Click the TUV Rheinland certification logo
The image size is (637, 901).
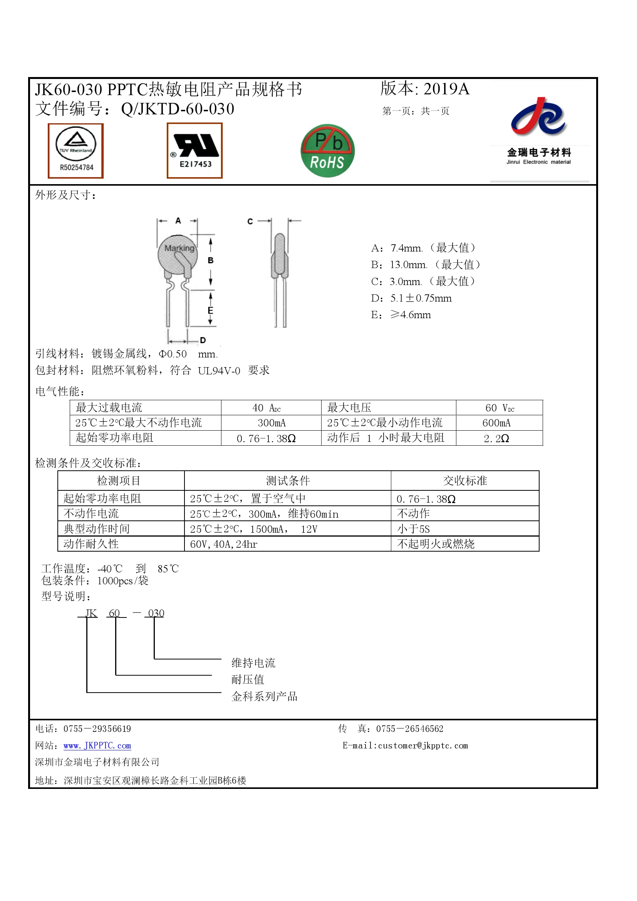point(76,151)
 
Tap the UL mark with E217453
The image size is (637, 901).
point(194,151)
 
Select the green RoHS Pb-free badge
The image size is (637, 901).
point(327,151)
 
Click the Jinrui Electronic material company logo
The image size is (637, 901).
point(539,131)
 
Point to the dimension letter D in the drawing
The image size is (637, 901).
point(203,340)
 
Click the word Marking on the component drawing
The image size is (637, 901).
point(179,248)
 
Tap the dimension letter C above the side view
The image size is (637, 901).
point(250,221)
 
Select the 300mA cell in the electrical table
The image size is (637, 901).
point(272,423)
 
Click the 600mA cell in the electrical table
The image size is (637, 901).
point(496,423)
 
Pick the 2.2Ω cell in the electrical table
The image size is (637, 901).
point(496,438)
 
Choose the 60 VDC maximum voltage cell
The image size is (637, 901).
point(500,408)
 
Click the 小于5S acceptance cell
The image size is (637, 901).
point(413,529)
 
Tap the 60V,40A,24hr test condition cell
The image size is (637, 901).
point(224,544)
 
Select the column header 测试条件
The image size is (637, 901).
point(288,481)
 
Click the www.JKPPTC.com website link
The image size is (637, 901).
point(97,746)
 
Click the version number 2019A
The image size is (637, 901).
point(446,89)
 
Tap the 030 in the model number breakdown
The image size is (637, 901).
point(156,613)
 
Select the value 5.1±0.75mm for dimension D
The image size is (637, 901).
point(421,298)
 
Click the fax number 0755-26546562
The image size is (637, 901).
point(409,729)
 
